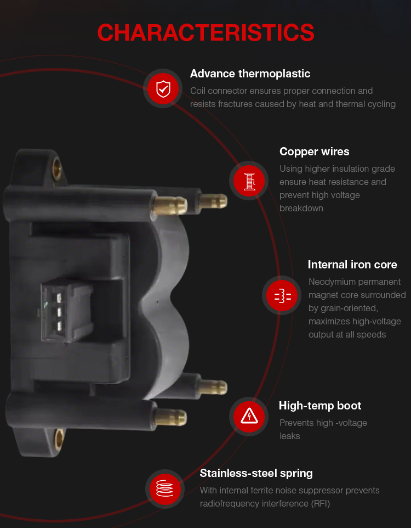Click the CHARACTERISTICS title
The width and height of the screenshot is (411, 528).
[206, 33]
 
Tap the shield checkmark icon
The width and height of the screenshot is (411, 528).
[163, 88]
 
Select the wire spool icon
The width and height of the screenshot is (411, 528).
[249, 181]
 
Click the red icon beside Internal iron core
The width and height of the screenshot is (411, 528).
[282, 295]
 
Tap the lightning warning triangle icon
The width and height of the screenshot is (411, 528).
[249, 417]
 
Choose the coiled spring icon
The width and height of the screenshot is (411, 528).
[165, 489]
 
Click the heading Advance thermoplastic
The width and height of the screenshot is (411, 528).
[250, 74]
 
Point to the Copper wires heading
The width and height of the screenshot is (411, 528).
[315, 152]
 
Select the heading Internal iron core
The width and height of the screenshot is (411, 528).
[352, 265]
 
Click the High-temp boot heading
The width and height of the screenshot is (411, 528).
[320, 406]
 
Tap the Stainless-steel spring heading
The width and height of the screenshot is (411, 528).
[256, 474]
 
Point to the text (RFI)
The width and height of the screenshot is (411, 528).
[320, 503]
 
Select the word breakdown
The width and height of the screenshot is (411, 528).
[301, 208]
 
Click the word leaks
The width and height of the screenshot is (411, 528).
[289, 436]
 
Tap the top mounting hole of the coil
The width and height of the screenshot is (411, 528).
[57, 168]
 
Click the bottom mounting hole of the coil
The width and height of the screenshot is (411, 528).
[60, 439]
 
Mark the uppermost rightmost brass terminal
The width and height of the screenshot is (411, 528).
[213, 201]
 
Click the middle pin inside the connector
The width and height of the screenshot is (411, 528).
[59, 312]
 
